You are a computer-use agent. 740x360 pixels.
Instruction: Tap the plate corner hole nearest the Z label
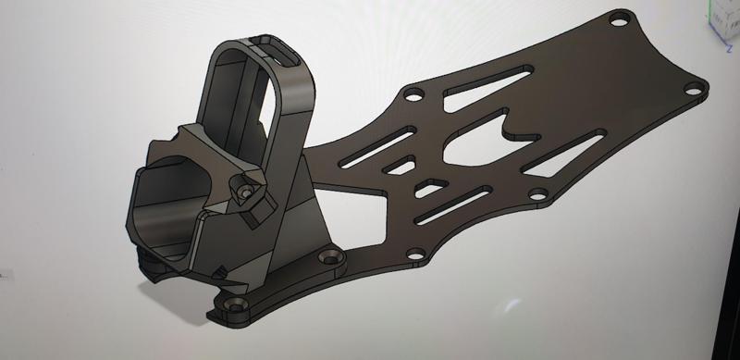coord(690,89)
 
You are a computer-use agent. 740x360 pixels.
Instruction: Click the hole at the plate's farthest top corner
coord(622,17)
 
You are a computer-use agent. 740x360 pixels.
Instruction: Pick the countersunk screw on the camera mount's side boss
coord(246,191)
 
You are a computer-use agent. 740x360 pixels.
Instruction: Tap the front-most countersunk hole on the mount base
coord(231,304)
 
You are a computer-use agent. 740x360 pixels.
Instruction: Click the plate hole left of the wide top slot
coord(413,94)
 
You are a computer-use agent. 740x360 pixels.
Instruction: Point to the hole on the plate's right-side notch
coord(535,195)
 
